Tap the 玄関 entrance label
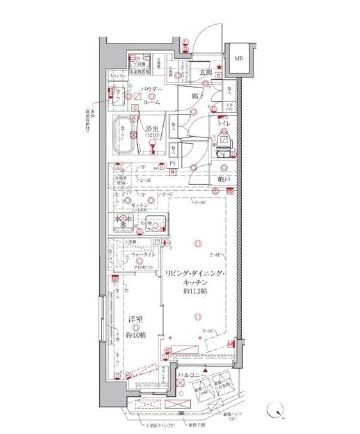pos(203,71)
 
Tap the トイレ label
pos(222,125)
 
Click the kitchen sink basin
pos(153,224)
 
